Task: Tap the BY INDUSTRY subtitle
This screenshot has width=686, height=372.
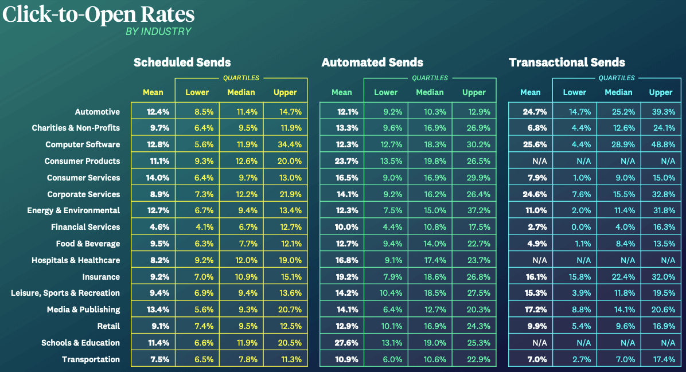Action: point(158,32)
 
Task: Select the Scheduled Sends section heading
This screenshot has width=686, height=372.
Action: point(182,62)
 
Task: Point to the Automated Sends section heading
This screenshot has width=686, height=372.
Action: point(372,62)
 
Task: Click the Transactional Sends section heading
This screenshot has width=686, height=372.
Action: point(567,62)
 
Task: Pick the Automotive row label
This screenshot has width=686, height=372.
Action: point(98,112)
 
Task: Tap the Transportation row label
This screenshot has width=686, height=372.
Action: point(91,359)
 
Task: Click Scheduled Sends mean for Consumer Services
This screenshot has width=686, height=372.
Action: point(153,178)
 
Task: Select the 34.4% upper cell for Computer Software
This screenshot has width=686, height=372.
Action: point(285,144)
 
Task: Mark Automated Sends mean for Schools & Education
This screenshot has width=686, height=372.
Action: point(342,343)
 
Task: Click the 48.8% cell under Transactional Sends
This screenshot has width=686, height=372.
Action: point(661,144)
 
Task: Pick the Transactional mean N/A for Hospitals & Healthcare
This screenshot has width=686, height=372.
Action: point(530,260)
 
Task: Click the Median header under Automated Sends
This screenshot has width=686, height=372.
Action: point(430,92)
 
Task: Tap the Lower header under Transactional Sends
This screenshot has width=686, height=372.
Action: point(574,92)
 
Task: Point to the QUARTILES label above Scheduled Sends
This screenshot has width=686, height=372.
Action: point(240,78)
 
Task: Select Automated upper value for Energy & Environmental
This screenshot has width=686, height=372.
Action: point(474,210)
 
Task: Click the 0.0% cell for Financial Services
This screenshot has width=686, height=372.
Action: point(574,227)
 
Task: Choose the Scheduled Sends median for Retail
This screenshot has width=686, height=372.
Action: point(241,326)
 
